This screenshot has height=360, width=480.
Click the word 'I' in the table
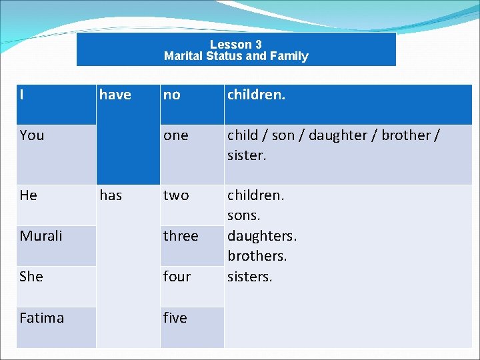coord(23,95)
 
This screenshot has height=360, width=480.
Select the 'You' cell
coord(32,135)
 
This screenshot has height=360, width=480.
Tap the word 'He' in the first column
coord(29,195)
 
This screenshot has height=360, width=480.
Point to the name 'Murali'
coord(41,236)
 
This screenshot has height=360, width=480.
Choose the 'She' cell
coord(31,277)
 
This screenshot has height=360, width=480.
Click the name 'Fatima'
coord(42,318)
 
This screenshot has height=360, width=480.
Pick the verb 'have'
coord(115,95)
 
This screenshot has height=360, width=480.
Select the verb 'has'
coord(111,195)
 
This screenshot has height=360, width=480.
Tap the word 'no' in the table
coord(172,95)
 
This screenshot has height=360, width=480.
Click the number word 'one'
coord(176,135)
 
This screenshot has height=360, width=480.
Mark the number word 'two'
coord(176,195)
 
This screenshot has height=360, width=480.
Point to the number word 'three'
coord(181,236)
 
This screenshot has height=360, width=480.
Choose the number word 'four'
coord(177,277)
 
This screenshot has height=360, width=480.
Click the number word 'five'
coord(175,318)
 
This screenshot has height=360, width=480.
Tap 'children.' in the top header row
coord(256,95)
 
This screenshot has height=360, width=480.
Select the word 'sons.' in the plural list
coord(244,216)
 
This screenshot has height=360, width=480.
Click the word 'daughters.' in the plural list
coord(262,236)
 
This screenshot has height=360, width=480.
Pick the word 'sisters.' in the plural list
coord(250,277)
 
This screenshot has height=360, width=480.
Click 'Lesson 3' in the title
coord(236,45)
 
